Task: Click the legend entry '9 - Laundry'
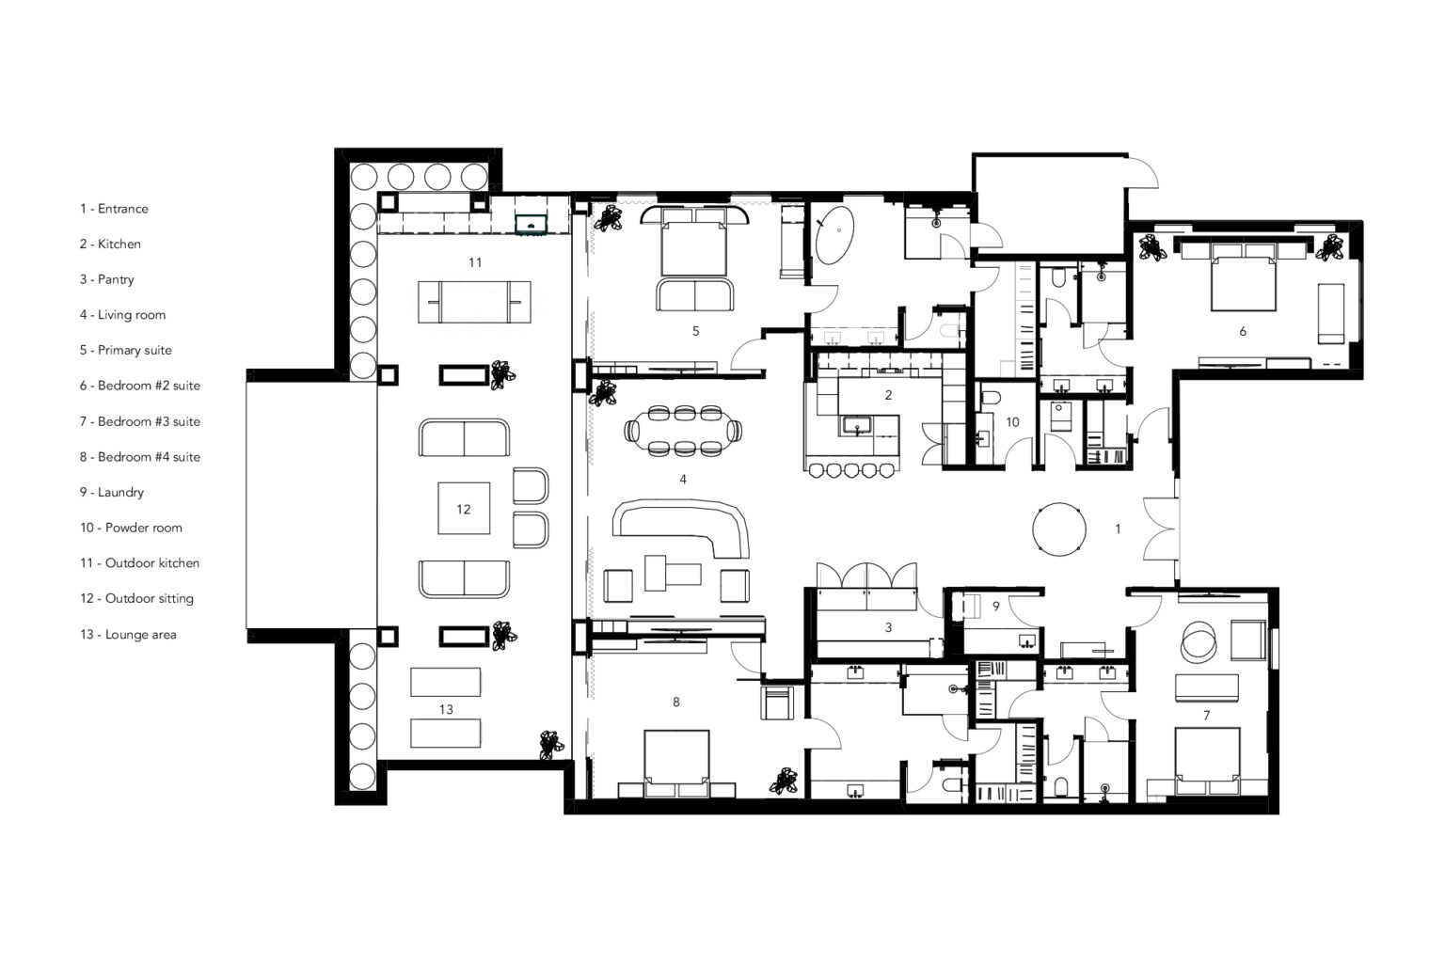point(111,492)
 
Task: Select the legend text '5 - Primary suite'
point(125,350)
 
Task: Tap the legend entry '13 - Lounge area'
point(127,634)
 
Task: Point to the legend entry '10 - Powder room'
point(130,528)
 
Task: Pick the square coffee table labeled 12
point(463,509)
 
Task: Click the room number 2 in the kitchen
point(888,395)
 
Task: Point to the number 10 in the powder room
point(1012,422)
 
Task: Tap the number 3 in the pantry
point(888,627)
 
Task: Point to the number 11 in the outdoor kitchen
point(475,262)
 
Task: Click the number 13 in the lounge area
point(446,709)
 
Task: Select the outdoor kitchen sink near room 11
point(532,224)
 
